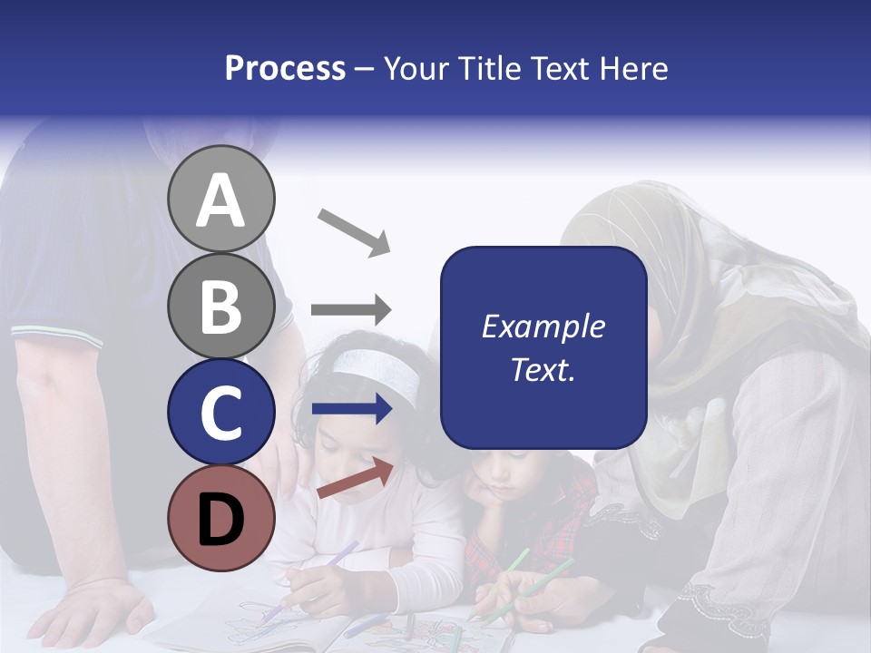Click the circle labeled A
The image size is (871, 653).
point(220,200)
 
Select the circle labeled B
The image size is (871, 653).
point(220,307)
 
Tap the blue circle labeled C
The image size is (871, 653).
point(220,413)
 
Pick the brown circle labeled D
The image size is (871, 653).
point(220,519)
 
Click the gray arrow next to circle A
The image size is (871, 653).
point(353,231)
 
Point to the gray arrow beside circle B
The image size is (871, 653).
point(351,310)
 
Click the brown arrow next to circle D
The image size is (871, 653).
point(355,478)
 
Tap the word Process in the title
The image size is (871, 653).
point(285,68)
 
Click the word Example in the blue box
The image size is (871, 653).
point(543,326)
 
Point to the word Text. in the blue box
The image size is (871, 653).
point(543,369)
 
